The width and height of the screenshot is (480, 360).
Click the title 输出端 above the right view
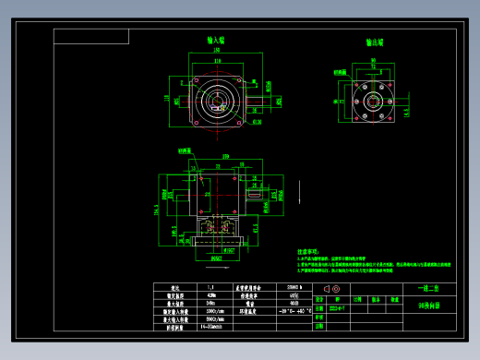click(374, 42)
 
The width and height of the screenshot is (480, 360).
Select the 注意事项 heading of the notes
click(310, 251)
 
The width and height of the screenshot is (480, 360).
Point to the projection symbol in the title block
click(329, 288)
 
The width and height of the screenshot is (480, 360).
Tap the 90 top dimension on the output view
click(373, 60)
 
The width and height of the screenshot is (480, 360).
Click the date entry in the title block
click(338, 308)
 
